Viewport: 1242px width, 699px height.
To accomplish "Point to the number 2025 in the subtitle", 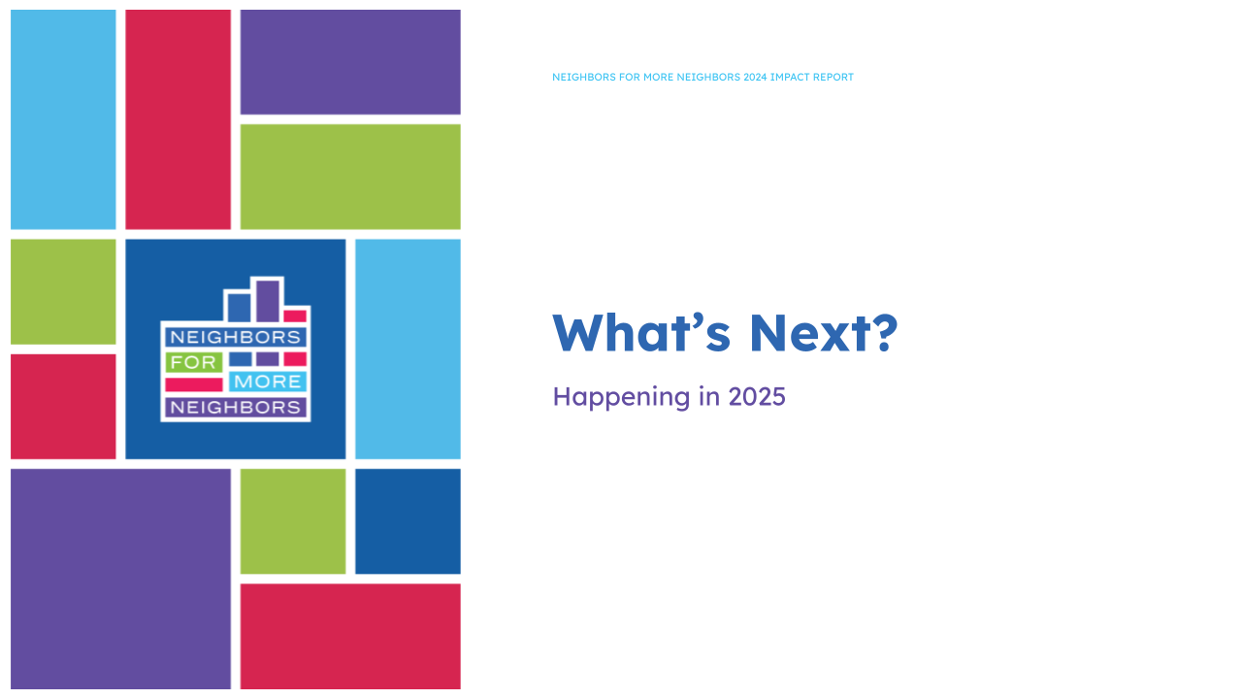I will (x=756, y=396).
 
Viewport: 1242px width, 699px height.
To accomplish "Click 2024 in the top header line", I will (x=755, y=78).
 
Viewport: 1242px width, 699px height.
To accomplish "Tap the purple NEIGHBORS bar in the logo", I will (x=235, y=407).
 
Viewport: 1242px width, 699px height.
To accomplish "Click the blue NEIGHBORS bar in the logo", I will (x=235, y=337).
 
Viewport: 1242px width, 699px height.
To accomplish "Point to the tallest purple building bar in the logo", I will (x=268, y=300).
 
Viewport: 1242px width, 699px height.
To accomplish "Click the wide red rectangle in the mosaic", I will (x=350, y=636).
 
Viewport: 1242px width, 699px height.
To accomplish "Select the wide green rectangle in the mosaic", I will (x=350, y=177).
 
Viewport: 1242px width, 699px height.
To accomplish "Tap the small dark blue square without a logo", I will (x=408, y=521).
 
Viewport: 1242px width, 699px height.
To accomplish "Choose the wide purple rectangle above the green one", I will (x=350, y=62).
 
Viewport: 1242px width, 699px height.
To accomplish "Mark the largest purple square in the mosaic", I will (x=120, y=579).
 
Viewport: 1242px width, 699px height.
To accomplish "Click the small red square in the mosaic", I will (x=63, y=406).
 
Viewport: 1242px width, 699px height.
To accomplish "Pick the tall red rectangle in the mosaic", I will (x=178, y=119).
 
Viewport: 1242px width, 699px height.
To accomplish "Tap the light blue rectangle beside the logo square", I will (x=408, y=349).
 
